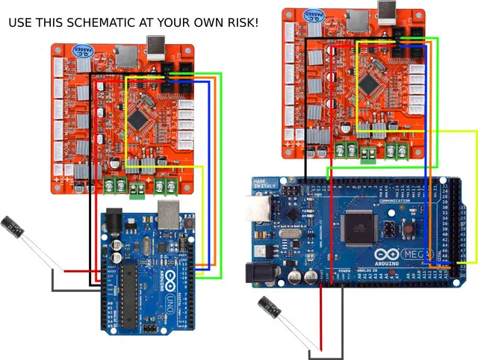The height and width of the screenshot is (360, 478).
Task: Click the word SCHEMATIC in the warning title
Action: point(96,23)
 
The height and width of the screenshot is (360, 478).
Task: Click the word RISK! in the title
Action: point(240,23)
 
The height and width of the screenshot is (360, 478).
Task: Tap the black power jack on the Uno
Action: point(114,222)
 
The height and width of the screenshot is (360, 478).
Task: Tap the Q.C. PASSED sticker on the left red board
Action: point(78,49)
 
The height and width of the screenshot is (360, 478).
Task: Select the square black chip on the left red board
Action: point(139,118)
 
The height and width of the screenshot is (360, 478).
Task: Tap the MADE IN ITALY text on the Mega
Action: point(261,184)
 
